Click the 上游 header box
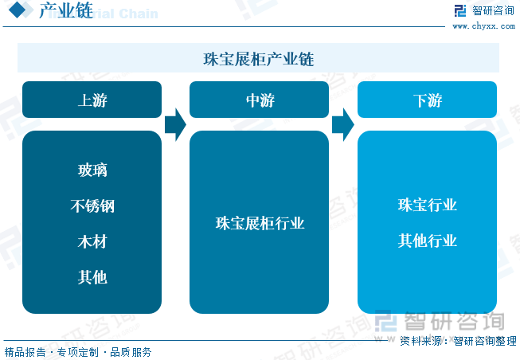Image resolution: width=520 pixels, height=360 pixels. pyautogui.click(x=92, y=100)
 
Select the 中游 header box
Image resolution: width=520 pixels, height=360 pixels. pyautogui.click(x=259, y=100)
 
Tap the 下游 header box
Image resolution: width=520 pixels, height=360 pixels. pyautogui.click(x=427, y=100)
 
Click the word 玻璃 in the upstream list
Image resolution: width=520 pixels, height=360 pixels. pyautogui.click(x=92, y=170)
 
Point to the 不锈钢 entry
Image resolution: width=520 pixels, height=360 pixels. pyautogui.click(x=92, y=205)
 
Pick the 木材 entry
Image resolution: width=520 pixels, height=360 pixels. pyautogui.click(x=92, y=241)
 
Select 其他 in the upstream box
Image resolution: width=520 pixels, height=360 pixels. pyautogui.click(x=92, y=277)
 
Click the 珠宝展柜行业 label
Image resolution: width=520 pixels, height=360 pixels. pyautogui.click(x=260, y=223)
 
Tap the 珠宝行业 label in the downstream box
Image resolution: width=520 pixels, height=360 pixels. pyautogui.click(x=428, y=205)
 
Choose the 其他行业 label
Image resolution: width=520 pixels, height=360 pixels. pyautogui.click(x=428, y=241)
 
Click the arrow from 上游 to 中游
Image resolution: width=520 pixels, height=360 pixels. pyautogui.click(x=175, y=125)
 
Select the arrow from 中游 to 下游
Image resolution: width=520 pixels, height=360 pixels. pyautogui.click(x=343, y=125)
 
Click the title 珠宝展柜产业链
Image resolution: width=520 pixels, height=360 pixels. pyautogui.click(x=259, y=59)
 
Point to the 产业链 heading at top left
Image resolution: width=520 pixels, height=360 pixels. pyautogui.click(x=66, y=10)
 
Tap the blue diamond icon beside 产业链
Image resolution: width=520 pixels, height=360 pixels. pyautogui.click(x=18, y=10)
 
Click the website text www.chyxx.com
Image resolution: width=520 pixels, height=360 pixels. pyautogui.click(x=484, y=26)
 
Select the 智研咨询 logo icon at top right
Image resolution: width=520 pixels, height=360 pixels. pyautogui.click(x=460, y=10)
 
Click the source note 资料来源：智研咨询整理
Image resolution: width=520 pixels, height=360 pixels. pyautogui.click(x=459, y=341)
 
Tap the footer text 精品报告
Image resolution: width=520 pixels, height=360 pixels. pyautogui.click(x=25, y=352)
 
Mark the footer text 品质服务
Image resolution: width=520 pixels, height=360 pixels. pyautogui.click(x=131, y=352)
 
